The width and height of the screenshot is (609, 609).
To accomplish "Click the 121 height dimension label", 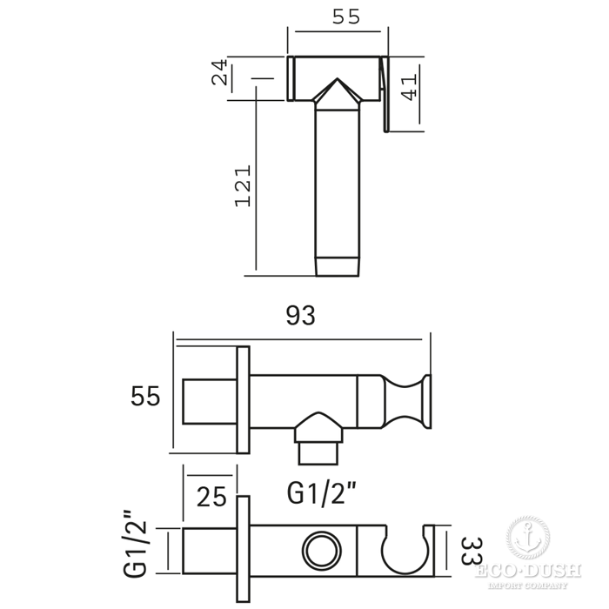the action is point(244,186).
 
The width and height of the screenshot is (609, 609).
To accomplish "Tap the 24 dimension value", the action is point(219,72).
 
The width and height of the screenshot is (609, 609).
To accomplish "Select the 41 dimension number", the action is point(409,87).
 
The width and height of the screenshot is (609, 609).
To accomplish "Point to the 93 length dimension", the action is point(301,315).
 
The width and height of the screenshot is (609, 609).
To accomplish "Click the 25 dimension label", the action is point(211,497).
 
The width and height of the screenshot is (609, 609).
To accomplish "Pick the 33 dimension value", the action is point(472,551).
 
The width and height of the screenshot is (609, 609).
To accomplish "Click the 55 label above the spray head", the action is point(346,17).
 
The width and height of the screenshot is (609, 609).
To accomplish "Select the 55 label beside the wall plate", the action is point(145,396).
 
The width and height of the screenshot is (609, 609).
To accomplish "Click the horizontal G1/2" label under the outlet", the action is point(321,493).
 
